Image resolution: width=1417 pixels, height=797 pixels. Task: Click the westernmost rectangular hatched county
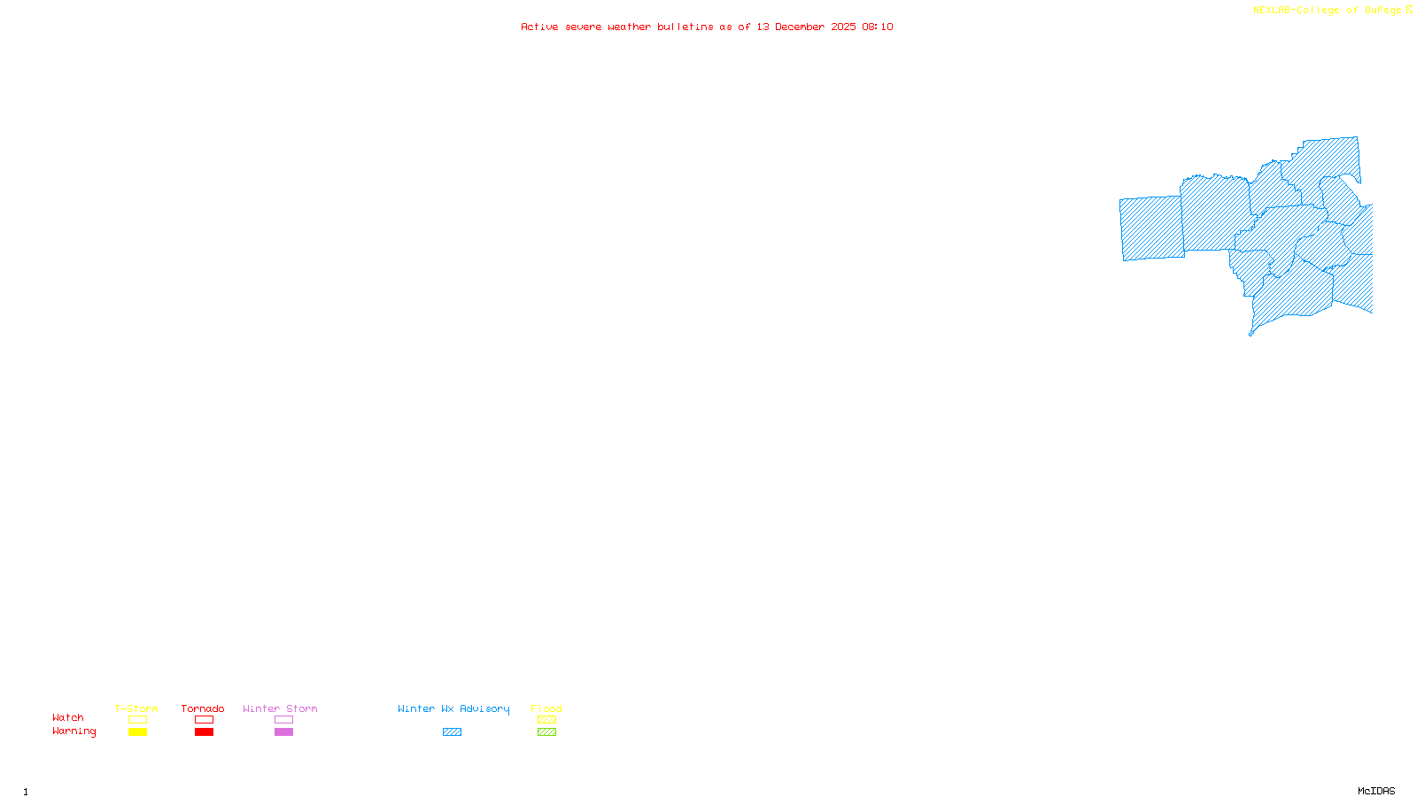pyautogui.click(x=1151, y=228)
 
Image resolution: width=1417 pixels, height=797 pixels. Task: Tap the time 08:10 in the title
pyautogui.click(x=877, y=27)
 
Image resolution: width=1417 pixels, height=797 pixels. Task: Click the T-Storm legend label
pyautogui.click(x=136, y=708)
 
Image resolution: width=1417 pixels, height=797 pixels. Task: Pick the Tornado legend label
pyautogui.click(x=203, y=708)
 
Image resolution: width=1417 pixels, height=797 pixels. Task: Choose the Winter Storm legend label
pyautogui.click(x=280, y=708)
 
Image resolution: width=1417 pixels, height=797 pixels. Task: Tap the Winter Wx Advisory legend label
pyautogui.click(x=453, y=708)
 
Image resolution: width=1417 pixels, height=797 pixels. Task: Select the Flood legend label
pyautogui.click(x=546, y=708)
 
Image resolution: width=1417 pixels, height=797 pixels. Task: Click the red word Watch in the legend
pyautogui.click(x=68, y=717)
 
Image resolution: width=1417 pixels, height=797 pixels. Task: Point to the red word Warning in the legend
pyautogui.click(x=74, y=731)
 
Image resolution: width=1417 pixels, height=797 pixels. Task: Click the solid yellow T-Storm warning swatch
pyautogui.click(x=137, y=732)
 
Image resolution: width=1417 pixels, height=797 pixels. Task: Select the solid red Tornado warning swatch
pyautogui.click(x=204, y=732)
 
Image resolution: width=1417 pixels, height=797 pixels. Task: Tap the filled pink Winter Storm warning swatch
pyautogui.click(x=283, y=732)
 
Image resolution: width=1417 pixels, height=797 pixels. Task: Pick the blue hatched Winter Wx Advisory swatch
pyautogui.click(x=452, y=732)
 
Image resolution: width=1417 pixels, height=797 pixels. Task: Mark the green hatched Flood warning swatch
pyautogui.click(x=546, y=732)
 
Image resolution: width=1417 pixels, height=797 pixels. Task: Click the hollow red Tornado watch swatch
pyautogui.click(x=204, y=720)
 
